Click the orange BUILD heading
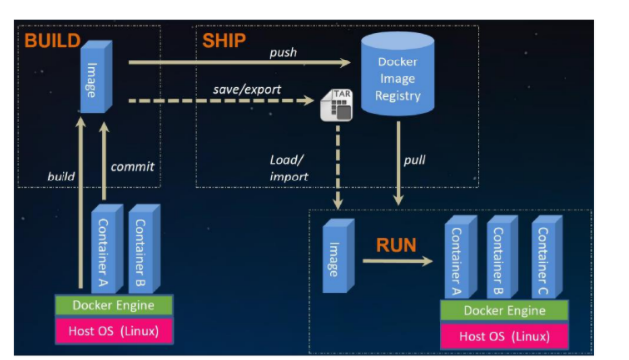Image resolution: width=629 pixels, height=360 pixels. [x=53, y=41]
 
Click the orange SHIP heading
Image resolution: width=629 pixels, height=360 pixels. [x=224, y=40]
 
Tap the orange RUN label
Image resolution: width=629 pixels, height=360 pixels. [x=396, y=245]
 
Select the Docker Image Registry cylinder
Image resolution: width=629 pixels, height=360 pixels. [x=397, y=74]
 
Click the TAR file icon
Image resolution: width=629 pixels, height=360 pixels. [x=337, y=105]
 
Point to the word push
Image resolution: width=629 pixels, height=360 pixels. [x=283, y=53]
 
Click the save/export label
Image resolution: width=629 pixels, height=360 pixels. [x=247, y=90]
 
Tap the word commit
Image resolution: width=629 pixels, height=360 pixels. [x=132, y=166]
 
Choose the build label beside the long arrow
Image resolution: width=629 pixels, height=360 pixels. [x=61, y=176]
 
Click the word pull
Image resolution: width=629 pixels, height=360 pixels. [x=414, y=160]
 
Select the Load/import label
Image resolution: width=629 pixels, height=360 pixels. [x=289, y=168]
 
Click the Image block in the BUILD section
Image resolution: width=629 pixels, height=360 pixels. [x=96, y=76]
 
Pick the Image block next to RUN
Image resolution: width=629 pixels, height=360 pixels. [x=339, y=255]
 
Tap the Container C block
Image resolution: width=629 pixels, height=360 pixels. [x=547, y=257]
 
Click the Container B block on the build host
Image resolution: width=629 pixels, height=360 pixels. [x=144, y=249]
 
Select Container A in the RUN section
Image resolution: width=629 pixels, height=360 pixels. [x=461, y=257]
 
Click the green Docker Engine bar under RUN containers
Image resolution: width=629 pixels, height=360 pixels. [x=505, y=310]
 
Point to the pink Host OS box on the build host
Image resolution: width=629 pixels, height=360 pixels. [x=113, y=331]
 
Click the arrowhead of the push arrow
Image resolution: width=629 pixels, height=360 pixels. [x=345, y=62]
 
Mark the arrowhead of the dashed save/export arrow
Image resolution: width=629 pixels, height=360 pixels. [x=309, y=100]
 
